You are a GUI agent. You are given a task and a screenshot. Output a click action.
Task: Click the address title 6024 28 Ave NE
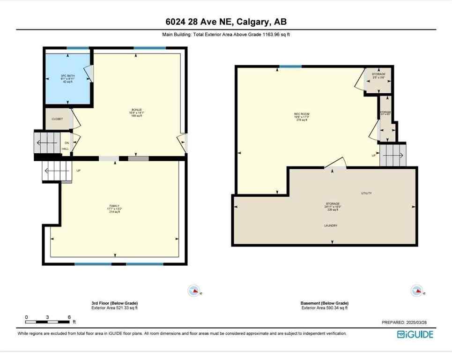(226, 22)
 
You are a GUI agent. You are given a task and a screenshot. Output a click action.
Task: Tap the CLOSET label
(57, 119)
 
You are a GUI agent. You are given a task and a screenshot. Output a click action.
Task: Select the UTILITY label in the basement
(366, 193)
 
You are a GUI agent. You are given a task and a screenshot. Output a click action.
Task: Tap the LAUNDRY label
(331, 225)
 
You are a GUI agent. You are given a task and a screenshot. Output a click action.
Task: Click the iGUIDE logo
(415, 334)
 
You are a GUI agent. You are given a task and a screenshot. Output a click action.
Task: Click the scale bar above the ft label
(48, 322)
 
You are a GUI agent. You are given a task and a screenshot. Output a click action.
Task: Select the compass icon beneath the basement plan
(417, 291)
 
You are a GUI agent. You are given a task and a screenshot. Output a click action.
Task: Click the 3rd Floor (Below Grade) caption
(114, 303)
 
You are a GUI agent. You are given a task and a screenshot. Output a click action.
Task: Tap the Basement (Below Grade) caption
(325, 303)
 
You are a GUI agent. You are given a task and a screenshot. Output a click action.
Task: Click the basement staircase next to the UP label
(393, 155)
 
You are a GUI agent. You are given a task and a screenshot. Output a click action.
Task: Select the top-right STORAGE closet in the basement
(378, 80)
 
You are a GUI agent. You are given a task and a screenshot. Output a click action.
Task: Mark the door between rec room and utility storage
(335, 164)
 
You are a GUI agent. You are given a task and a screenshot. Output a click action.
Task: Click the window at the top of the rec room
(291, 67)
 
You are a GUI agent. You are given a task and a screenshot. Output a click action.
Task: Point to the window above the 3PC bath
(78, 48)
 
